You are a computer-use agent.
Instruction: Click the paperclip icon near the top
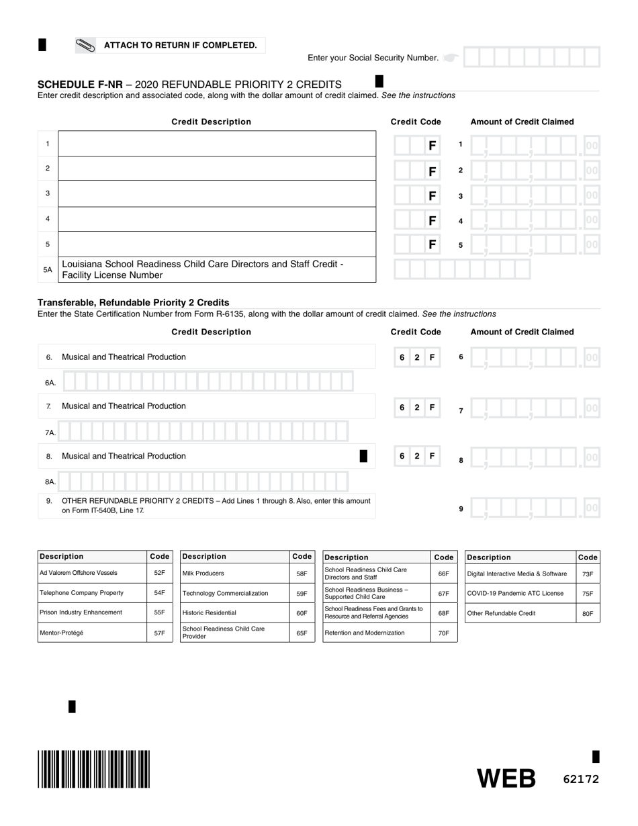86,46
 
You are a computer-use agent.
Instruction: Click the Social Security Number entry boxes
531,58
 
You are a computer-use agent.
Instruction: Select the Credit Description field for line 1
217,144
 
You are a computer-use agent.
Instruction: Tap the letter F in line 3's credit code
432,196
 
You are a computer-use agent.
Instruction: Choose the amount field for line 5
533,245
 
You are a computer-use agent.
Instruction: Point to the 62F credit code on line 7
417,407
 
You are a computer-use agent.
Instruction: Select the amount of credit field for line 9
533,508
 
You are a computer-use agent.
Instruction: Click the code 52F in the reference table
159,573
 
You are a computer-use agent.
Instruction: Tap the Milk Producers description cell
234,573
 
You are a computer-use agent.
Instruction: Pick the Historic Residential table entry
234,613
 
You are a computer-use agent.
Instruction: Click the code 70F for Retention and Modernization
443,633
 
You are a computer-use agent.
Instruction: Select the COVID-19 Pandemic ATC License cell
520,593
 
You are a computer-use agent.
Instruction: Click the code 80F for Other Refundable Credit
587,613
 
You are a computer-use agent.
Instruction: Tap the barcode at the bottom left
94,769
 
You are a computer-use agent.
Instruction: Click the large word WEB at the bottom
506,778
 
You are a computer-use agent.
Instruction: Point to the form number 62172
580,779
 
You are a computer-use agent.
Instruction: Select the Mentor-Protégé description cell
92,633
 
